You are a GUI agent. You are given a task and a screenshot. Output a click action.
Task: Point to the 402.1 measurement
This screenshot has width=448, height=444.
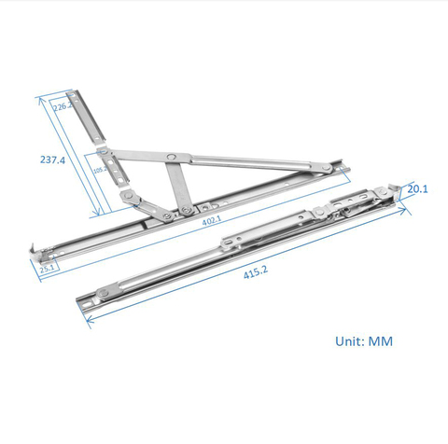coord(212,219)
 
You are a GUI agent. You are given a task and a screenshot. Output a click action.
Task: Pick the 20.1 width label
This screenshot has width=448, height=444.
coord(419,190)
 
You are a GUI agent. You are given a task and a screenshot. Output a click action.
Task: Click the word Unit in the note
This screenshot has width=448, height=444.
coord(351,341)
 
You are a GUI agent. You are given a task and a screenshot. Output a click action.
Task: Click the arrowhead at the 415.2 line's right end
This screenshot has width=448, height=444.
coord(407,214)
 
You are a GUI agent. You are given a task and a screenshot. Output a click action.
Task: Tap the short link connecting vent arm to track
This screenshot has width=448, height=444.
coord(134,198)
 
